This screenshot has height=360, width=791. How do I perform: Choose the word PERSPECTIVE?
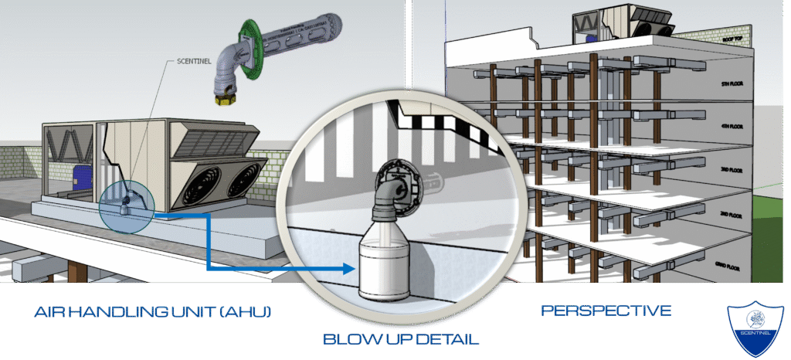click(606, 311)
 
